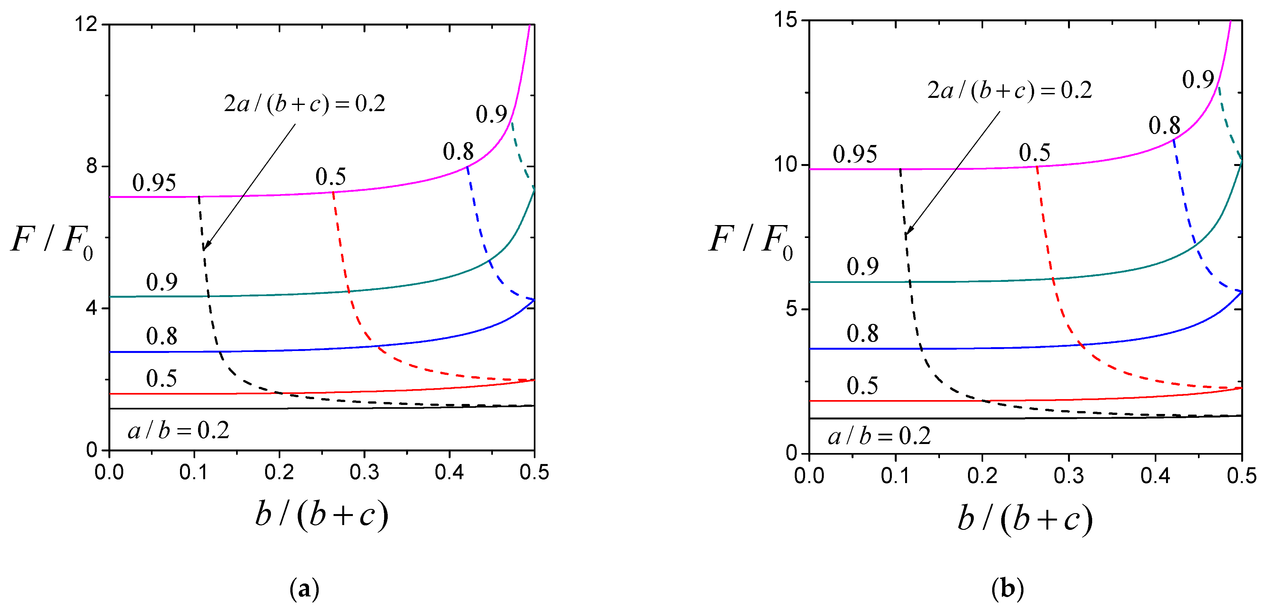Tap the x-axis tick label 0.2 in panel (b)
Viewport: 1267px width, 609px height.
[982, 476]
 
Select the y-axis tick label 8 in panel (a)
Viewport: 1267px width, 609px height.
[92, 166]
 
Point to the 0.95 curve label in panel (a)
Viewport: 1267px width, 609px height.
[154, 183]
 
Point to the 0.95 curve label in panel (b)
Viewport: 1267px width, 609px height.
[855, 155]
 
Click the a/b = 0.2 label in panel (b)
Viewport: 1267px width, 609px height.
[879, 436]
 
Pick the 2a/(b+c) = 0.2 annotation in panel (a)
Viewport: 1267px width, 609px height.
[304, 103]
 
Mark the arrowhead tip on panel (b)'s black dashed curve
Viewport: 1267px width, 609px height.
[906, 234]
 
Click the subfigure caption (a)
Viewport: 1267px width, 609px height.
[304, 588]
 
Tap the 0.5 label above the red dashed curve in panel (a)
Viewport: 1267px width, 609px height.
[331, 177]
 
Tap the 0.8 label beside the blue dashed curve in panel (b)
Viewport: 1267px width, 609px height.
[1164, 126]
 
